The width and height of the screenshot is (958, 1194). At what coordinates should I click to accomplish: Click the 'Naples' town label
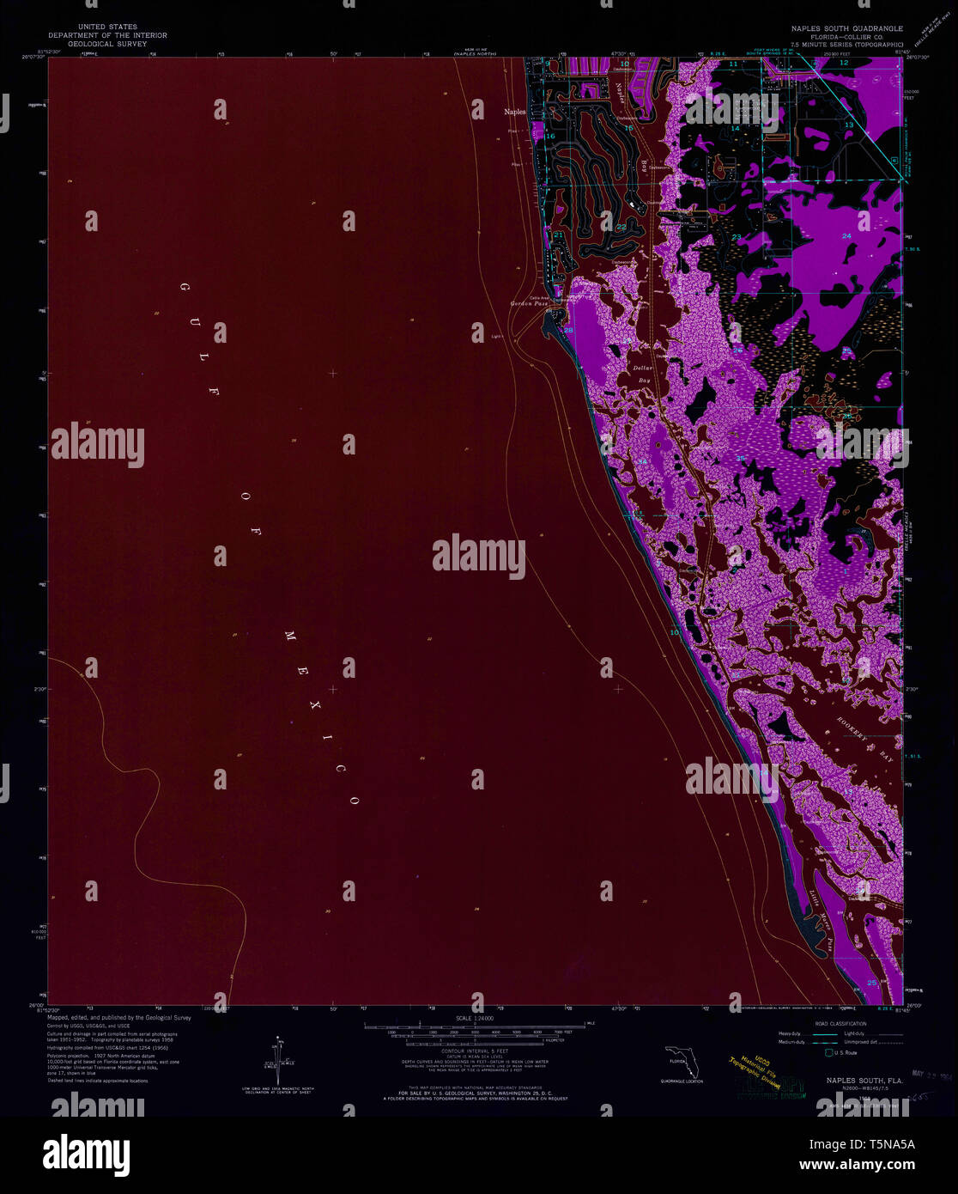tap(515, 112)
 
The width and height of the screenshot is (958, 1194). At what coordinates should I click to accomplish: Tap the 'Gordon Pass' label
tap(529, 304)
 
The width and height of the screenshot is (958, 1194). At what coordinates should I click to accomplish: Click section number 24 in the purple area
tap(846, 235)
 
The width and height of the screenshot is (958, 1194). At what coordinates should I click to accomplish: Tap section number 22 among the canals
tap(621, 227)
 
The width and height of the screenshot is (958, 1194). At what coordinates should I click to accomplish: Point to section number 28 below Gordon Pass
tap(568, 331)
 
